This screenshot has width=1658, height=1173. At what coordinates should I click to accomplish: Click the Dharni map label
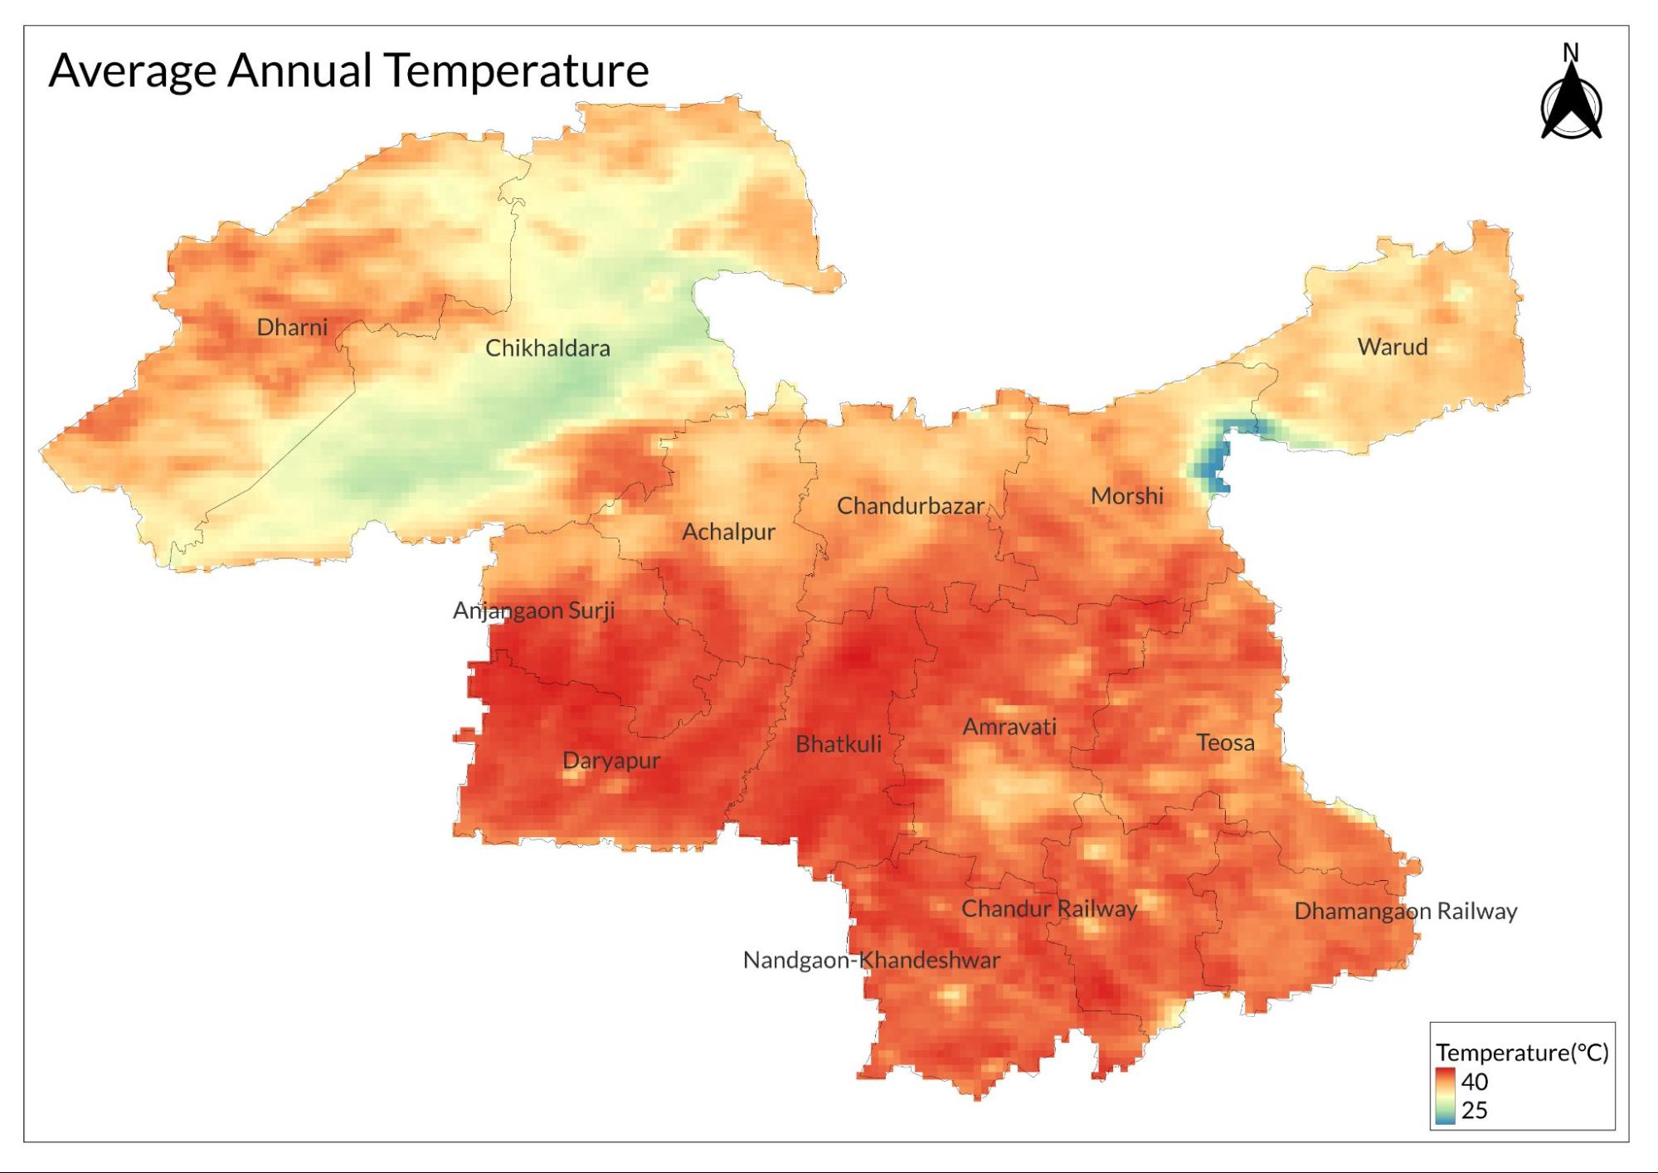point(292,327)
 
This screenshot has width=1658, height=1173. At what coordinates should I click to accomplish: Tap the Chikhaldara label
point(547,348)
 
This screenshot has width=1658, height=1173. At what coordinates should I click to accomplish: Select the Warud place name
point(1392,347)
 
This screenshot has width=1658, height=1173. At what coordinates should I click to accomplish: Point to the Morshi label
point(1126,496)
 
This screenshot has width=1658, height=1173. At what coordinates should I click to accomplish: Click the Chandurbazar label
point(910,506)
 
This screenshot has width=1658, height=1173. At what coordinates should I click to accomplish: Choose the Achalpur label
point(728,532)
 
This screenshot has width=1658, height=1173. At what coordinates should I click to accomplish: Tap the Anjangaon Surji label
point(533,611)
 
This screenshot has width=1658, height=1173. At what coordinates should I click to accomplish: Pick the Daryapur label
point(611,761)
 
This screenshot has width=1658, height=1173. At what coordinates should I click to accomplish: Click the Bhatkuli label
point(838,744)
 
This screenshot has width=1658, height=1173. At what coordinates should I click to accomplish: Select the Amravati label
point(1009,728)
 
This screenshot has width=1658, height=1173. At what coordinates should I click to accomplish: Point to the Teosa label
point(1224,742)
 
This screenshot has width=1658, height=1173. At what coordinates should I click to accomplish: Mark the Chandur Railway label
point(1048,909)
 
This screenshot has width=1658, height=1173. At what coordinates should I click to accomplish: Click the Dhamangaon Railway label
point(1405,912)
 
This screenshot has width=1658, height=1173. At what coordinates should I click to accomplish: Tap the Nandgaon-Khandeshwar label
point(871,961)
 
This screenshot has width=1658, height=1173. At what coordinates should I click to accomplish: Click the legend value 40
point(1474,1082)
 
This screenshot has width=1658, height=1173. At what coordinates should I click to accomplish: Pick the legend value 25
point(1474,1110)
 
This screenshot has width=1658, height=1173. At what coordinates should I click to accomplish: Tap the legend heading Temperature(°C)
point(1522,1053)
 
